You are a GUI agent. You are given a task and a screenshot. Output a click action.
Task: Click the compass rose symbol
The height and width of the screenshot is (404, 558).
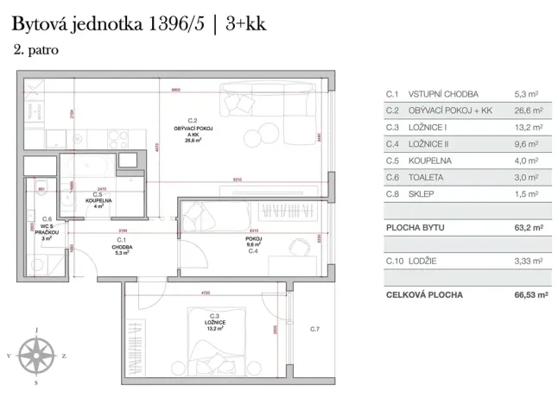click(36, 354)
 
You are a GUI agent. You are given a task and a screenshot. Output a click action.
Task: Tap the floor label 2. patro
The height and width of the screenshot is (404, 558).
click(36, 50)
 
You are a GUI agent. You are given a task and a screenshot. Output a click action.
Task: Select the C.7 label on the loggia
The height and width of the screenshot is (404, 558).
click(315, 330)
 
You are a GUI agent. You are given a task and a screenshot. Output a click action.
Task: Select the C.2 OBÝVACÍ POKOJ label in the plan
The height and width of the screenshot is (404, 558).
click(193, 131)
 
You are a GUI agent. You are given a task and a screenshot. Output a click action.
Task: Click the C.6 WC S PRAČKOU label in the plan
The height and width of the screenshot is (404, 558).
click(48, 230)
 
